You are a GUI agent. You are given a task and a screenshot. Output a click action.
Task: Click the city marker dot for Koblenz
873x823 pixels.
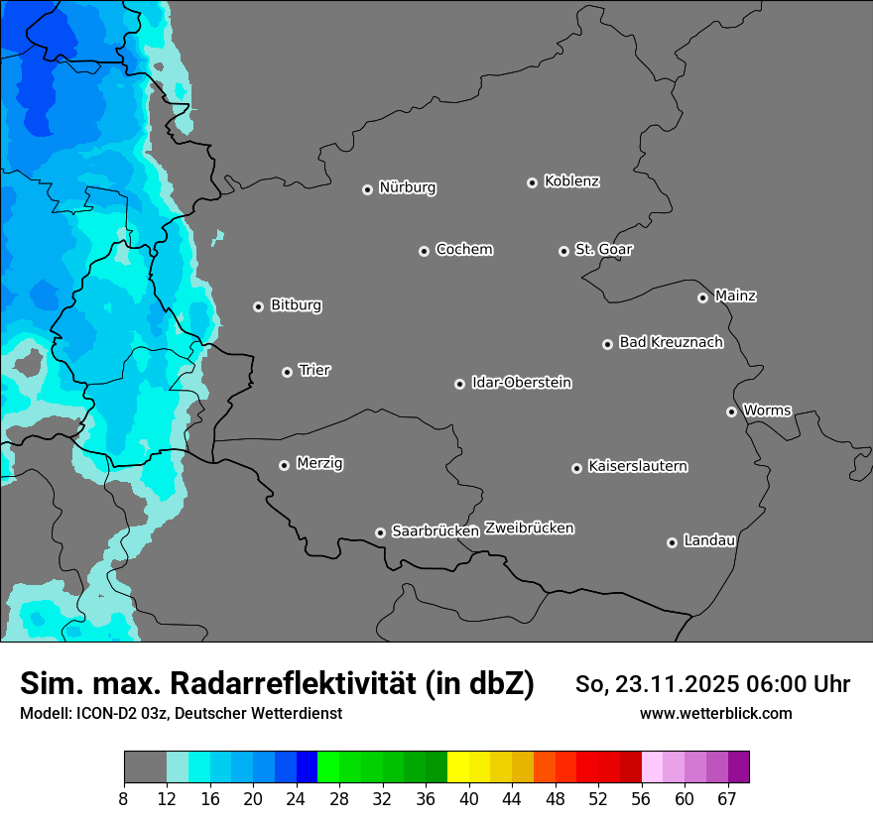[532, 182]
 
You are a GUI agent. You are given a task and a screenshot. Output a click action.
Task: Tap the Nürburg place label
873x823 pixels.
[407, 187]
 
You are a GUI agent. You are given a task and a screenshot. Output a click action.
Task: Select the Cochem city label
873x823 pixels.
[463, 249]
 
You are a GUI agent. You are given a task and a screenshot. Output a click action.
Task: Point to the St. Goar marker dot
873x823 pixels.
[563, 251]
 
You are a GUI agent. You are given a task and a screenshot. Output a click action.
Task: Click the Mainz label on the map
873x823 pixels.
[735, 295]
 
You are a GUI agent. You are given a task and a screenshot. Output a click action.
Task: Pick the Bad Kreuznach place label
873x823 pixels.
[671, 342]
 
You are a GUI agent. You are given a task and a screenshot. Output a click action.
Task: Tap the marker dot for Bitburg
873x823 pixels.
[258, 306]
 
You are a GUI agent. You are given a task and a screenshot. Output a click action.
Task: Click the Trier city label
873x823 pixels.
[314, 370]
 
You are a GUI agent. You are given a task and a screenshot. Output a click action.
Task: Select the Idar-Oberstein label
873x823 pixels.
[521, 382]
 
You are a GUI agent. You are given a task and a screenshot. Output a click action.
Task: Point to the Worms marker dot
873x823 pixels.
[731, 411]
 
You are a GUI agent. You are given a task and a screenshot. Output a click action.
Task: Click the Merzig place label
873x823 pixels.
[319, 463]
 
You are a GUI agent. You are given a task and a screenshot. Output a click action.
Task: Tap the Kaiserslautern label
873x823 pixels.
[637, 466]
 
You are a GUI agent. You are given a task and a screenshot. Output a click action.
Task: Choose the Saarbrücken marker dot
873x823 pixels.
[380, 532]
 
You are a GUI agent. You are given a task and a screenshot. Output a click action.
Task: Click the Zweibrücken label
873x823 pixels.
[529, 529]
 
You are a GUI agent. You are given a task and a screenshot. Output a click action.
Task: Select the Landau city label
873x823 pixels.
[708, 540]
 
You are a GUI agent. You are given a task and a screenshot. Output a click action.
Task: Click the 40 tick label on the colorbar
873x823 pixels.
[469, 799]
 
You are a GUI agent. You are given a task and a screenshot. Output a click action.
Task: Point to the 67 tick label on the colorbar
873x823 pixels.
[727, 799]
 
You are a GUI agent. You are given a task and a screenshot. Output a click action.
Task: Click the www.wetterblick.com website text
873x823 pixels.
[715, 714]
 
